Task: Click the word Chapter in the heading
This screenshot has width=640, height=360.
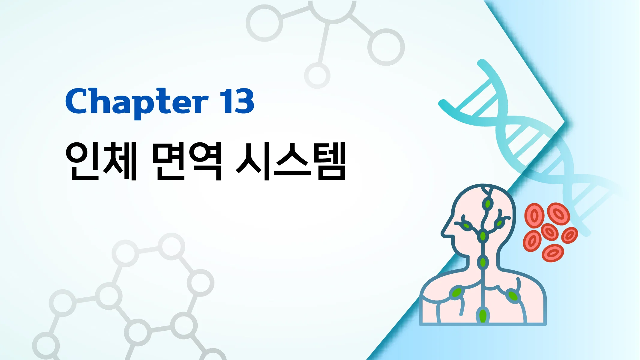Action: pyautogui.click(x=136, y=102)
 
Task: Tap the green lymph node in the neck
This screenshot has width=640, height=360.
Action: pyautogui.click(x=483, y=263)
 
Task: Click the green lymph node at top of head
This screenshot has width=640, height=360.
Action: pyautogui.click(x=488, y=204)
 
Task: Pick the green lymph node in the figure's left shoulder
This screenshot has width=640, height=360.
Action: pyautogui.click(x=456, y=292)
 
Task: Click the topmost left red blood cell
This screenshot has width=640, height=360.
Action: pyautogui.click(x=534, y=216)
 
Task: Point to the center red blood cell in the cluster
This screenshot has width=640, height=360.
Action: pyautogui.click(x=550, y=232)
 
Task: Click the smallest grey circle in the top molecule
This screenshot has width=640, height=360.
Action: pyautogui.click(x=317, y=76)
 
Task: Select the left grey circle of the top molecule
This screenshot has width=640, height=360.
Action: pyautogui.click(x=264, y=23)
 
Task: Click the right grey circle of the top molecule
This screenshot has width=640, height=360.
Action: pyautogui.click(x=386, y=47)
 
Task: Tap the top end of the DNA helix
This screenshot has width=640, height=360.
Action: pyautogui.click(x=482, y=63)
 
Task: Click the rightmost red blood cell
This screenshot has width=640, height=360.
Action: pyautogui.click(x=570, y=235)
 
